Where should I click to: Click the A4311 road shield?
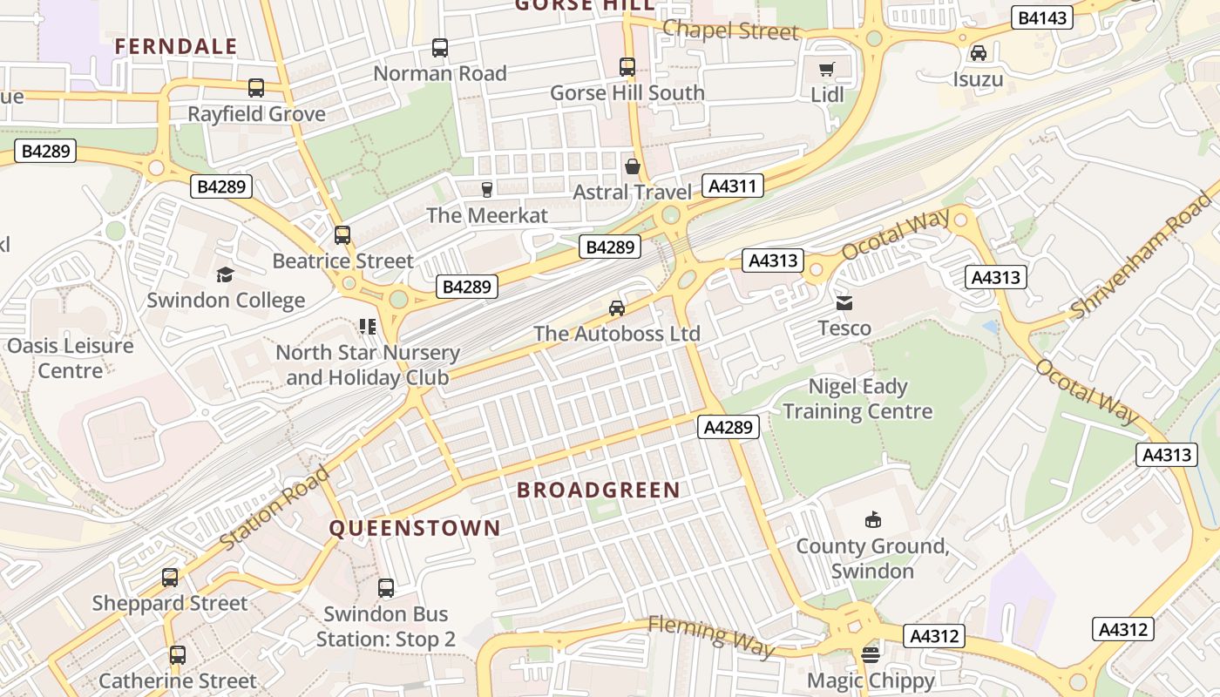click(x=735, y=186)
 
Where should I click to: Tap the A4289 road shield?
click(x=729, y=427)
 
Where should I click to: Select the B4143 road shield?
click(x=1041, y=17)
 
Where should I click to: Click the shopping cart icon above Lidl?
click(x=827, y=69)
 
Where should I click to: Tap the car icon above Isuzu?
click(x=978, y=53)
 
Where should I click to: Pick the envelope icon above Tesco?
click(x=844, y=303)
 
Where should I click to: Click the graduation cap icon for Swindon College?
click(x=226, y=275)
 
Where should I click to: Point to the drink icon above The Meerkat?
click(x=487, y=189)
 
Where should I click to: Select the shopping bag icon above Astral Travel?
click(x=633, y=166)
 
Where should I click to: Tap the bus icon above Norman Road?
click(x=440, y=48)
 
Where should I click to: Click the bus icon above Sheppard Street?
click(x=170, y=578)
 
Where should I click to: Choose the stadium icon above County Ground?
click(x=872, y=520)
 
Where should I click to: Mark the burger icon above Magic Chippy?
click(x=871, y=654)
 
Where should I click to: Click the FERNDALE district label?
click(x=176, y=47)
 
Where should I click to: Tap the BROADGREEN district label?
click(x=598, y=490)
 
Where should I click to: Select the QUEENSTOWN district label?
click(x=415, y=528)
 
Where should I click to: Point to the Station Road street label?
click(x=275, y=508)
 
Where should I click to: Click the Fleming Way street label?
click(x=711, y=635)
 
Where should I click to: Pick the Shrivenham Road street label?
click(x=1141, y=254)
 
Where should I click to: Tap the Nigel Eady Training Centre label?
click(x=857, y=399)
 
